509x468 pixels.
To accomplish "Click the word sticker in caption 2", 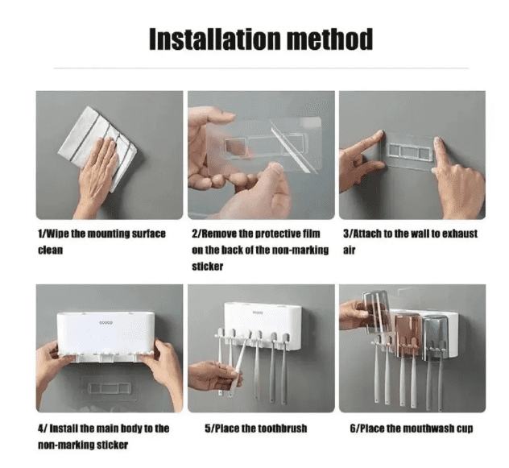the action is pyautogui.click(x=208, y=267).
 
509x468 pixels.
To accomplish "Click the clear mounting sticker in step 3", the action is pyautogui.click(x=410, y=151).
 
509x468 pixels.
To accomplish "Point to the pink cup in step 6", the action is pyautogui.click(x=408, y=334).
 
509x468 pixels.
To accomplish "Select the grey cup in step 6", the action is pyautogui.click(x=436, y=338).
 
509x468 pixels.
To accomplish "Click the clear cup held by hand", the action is pyautogui.click(x=376, y=312).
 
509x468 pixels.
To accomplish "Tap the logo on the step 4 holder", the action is pyautogui.click(x=106, y=322).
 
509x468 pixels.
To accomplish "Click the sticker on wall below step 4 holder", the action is pyautogui.click(x=109, y=388).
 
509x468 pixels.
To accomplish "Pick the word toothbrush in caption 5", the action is pyautogui.click(x=283, y=429).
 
